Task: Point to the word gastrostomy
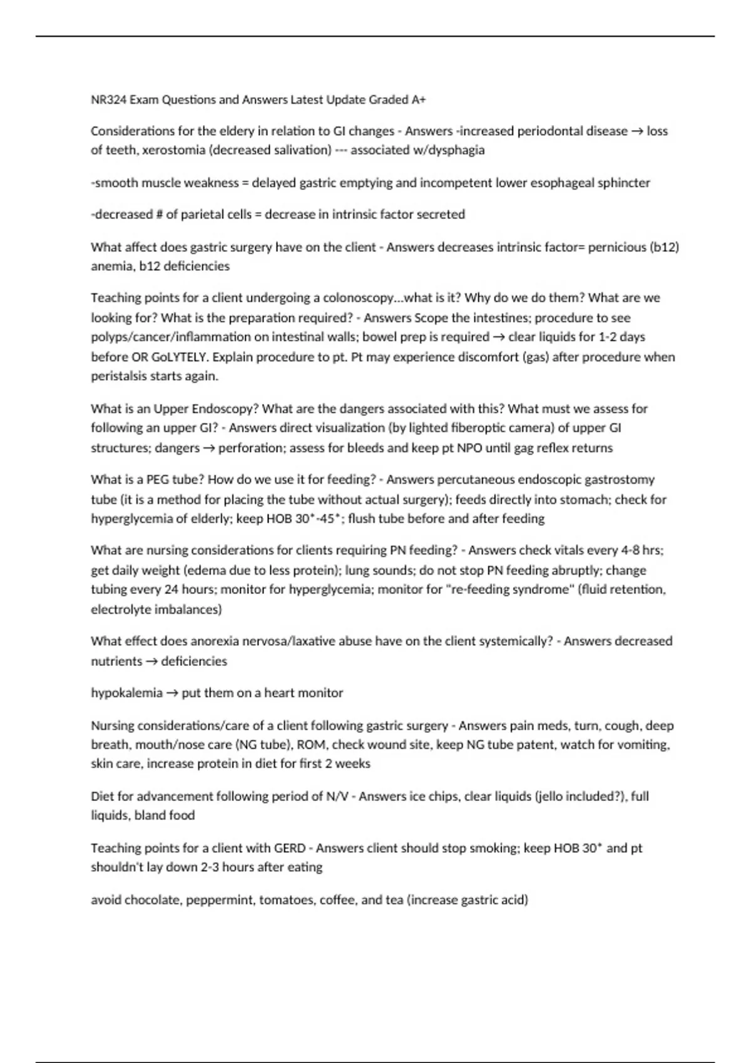point(616,480)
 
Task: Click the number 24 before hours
point(171,590)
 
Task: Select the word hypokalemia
point(126,693)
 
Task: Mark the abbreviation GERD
point(290,848)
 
